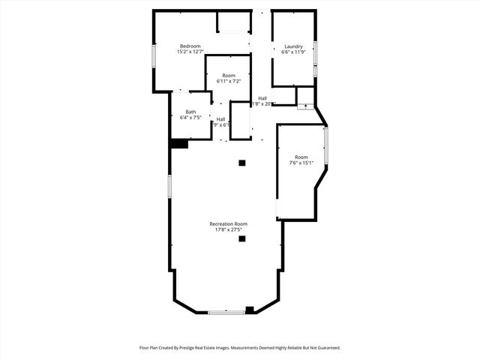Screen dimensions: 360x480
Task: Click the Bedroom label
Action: pyautogui.click(x=190, y=46)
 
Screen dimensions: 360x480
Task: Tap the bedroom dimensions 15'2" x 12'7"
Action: pyautogui.click(x=190, y=52)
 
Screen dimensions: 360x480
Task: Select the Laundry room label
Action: pyautogui.click(x=293, y=46)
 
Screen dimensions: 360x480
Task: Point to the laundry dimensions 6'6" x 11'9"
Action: pyautogui.click(x=293, y=52)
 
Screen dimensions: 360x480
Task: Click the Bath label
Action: pyautogui.click(x=191, y=112)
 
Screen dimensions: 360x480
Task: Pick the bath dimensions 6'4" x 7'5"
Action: pyautogui.click(x=191, y=118)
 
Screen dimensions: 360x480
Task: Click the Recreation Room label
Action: pyautogui.click(x=229, y=223)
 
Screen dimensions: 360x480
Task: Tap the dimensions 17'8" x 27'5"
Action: pyautogui.click(x=229, y=229)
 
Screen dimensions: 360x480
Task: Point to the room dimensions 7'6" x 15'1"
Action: pyautogui.click(x=301, y=163)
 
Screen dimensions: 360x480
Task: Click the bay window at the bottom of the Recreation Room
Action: pyautogui.click(x=226, y=311)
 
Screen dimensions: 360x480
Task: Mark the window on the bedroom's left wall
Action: pyautogui.click(x=154, y=56)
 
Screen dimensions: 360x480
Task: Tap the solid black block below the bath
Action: pyautogui.click(x=178, y=144)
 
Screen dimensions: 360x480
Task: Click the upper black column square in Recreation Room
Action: pyautogui.click(x=241, y=162)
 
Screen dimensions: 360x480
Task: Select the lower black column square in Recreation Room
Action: pyautogui.click(x=241, y=239)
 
